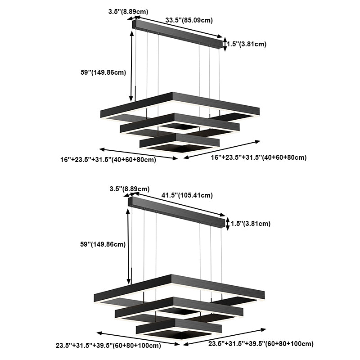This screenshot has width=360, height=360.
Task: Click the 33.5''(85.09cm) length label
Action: (189, 20)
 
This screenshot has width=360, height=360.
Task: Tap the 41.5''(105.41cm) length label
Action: (187, 195)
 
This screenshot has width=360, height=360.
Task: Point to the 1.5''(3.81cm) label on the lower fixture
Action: (250, 223)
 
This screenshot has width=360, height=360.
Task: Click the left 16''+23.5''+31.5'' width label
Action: (108, 159)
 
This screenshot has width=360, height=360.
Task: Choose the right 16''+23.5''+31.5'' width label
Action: (259, 157)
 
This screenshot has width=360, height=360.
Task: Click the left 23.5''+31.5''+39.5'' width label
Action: (108, 346)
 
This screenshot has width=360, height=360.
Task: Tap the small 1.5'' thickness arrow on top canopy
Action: (225, 44)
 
